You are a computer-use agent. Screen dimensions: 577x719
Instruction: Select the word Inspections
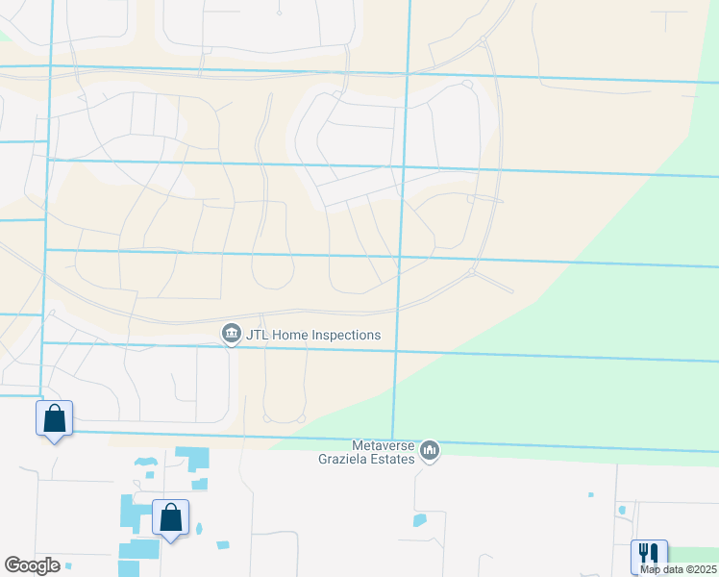tap(346, 335)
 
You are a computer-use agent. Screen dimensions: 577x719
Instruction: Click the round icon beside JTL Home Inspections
tap(231, 334)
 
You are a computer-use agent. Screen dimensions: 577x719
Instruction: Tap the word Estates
tap(396, 458)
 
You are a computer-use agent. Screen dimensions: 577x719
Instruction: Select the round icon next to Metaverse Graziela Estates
tap(430, 450)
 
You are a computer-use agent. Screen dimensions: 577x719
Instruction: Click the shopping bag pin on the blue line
tap(55, 419)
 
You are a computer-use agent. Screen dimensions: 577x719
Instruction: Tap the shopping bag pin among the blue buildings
tap(170, 517)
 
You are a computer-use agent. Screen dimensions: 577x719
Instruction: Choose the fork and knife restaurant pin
tap(649, 555)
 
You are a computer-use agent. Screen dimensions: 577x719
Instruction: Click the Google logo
tap(32, 565)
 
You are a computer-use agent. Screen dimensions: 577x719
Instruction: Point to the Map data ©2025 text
tap(678, 569)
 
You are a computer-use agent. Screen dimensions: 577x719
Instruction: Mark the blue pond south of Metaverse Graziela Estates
tap(419, 520)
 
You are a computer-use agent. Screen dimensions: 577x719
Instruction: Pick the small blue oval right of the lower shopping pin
tap(198, 528)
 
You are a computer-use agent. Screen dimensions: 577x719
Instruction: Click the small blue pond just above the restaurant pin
tap(622, 510)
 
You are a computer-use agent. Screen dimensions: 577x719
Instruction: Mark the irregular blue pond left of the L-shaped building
tap(145, 463)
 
